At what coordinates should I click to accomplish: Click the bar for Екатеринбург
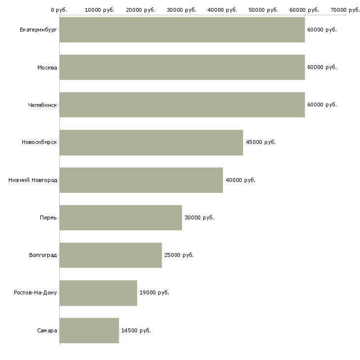(x=182, y=30)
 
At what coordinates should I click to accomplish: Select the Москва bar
(x=182, y=67)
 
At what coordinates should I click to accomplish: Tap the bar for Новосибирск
(x=151, y=143)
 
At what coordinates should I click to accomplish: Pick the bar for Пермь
(x=121, y=217)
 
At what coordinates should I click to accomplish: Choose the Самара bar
(x=89, y=330)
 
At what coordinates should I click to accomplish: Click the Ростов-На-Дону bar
(x=98, y=293)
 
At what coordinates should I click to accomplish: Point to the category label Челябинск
(x=42, y=105)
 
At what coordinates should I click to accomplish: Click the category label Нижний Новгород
(x=33, y=180)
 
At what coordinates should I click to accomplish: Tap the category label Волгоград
(x=43, y=255)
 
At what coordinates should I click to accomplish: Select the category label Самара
(x=47, y=330)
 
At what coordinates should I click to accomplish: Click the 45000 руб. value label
(x=260, y=142)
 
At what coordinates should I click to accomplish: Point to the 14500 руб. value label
(x=136, y=330)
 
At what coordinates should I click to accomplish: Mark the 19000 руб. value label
(x=154, y=292)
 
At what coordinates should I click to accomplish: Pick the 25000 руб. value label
(x=179, y=255)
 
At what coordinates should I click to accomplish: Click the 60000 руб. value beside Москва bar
(x=322, y=67)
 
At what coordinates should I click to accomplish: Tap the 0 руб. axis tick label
(x=59, y=10)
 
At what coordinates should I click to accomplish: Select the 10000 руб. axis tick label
(x=100, y=10)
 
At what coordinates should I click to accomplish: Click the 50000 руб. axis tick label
(x=263, y=10)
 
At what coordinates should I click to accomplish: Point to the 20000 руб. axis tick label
(x=141, y=10)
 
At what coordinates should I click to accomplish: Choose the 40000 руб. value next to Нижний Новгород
(x=240, y=180)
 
